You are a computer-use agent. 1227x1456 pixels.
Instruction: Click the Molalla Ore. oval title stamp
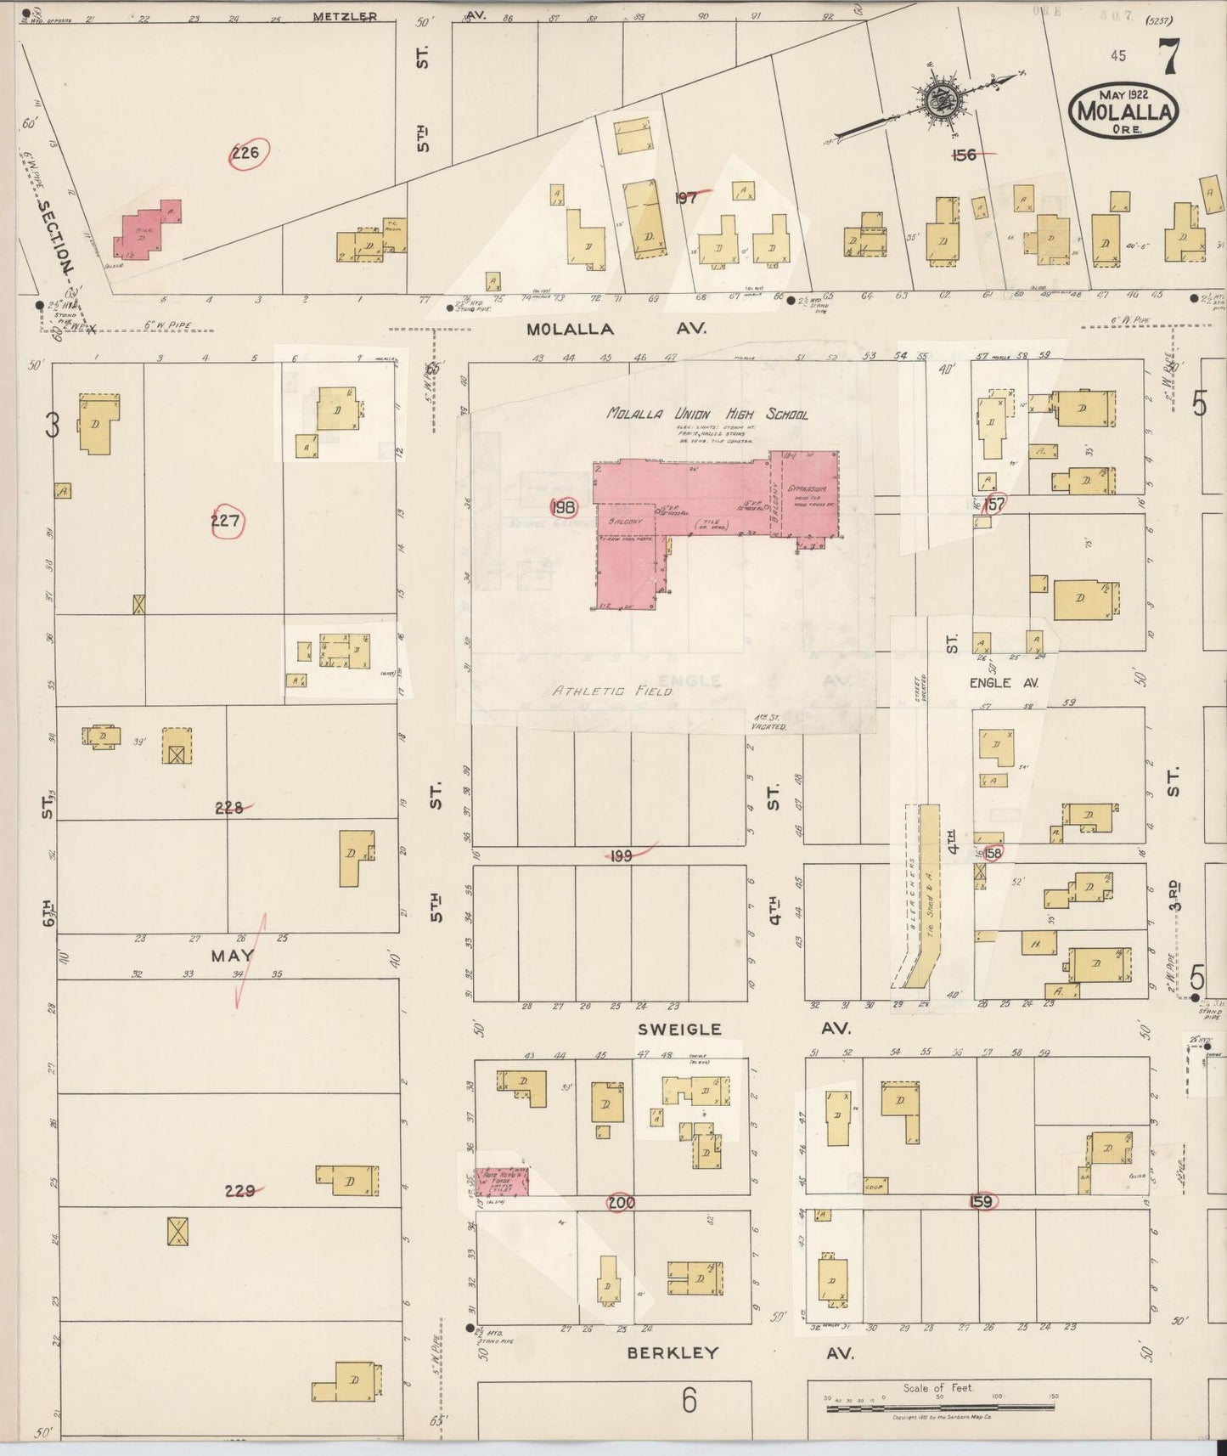click(x=1124, y=109)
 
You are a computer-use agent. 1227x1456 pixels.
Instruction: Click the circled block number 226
click(x=246, y=154)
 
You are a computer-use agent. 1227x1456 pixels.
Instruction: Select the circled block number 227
click(x=226, y=521)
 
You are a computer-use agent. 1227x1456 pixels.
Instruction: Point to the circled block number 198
click(x=563, y=508)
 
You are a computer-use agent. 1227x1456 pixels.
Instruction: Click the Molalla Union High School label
click(x=706, y=415)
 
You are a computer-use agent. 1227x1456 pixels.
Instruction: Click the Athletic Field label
click(x=613, y=691)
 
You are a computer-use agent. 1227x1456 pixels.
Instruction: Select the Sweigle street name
click(x=679, y=1029)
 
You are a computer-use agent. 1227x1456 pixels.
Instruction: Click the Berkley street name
click(x=673, y=1353)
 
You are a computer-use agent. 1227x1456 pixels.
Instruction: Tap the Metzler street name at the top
click(x=345, y=16)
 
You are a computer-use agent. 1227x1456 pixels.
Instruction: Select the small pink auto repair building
click(x=501, y=1182)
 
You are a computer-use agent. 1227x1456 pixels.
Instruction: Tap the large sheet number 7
click(x=1168, y=57)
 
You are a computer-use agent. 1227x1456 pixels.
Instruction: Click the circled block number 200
click(x=621, y=1203)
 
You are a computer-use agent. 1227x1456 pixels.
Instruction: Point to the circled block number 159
click(x=982, y=1202)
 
